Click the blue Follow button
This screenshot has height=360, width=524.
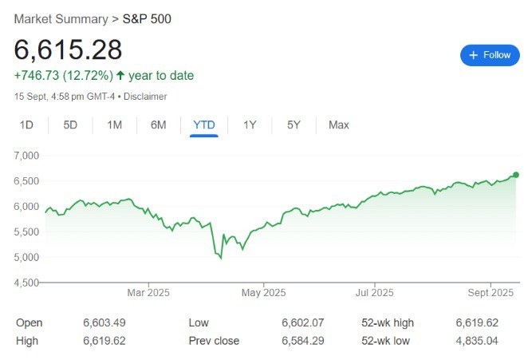[490, 55]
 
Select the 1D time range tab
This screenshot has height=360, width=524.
[26, 125]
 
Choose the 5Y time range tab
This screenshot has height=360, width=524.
[294, 125]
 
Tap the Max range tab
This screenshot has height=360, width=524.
[338, 125]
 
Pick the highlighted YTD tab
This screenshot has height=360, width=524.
[204, 125]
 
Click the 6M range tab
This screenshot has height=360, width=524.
[159, 125]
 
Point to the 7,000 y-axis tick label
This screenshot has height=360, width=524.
[26, 156]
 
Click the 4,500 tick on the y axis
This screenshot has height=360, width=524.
[26, 283]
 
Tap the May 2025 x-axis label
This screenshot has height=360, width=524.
[264, 293]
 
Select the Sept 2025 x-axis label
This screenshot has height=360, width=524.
[491, 293]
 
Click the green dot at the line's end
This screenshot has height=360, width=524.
[516, 175]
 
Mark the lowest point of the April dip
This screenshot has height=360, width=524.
[221, 259]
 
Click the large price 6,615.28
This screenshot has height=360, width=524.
[68, 49]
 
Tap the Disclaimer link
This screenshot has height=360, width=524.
[145, 97]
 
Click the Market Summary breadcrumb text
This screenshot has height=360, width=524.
[61, 19]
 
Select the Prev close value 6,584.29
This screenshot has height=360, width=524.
[303, 341]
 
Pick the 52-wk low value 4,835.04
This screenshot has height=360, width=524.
[477, 341]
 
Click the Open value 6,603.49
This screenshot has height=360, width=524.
[104, 322]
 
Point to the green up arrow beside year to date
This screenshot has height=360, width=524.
[120, 76]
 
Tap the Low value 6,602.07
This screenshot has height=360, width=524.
[303, 322]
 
